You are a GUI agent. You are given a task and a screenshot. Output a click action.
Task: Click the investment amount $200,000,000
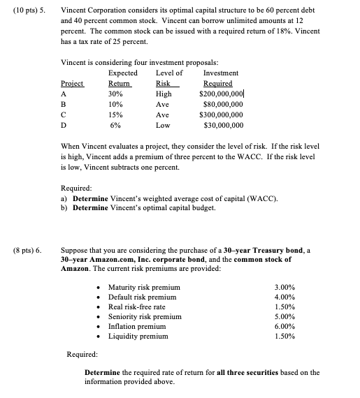tap(220, 93)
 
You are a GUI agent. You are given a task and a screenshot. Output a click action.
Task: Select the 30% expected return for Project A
tap(116, 93)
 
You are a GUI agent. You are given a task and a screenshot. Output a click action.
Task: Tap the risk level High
tap(164, 93)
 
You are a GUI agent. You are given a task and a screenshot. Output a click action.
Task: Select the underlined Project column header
tap(72, 83)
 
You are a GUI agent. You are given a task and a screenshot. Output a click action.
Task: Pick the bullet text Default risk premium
tap(140, 297)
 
